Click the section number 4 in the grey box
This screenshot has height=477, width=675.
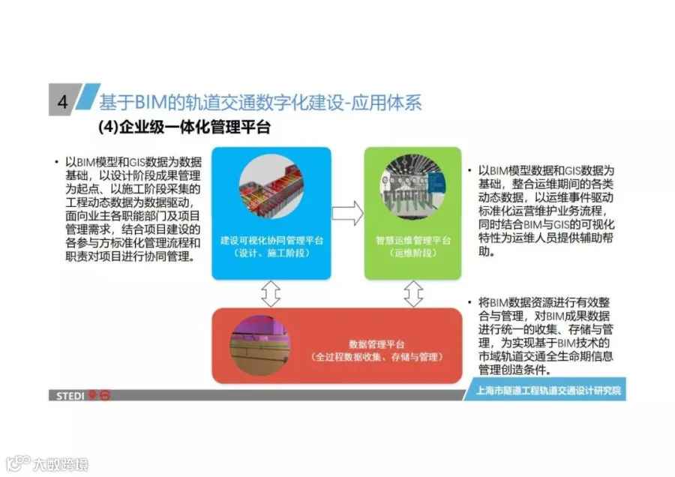(63, 101)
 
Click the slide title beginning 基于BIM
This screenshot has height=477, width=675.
(260, 103)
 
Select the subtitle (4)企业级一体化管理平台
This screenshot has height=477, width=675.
(184, 127)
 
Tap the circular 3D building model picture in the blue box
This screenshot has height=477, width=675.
(271, 187)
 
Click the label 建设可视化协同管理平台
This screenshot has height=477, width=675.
(271, 240)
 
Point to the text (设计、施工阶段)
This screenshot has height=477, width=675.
(271, 253)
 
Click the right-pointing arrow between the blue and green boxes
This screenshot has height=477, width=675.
(348, 213)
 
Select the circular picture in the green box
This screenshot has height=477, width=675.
(412, 187)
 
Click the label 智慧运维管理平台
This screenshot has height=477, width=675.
(413, 240)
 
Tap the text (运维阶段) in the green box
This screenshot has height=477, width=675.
(413, 253)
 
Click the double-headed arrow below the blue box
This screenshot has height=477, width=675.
(271, 293)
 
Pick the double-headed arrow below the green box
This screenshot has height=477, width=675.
(413, 293)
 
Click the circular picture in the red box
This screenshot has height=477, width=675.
(260, 345)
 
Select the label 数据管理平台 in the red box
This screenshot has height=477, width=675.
(376, 344)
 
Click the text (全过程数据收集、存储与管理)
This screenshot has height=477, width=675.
(376, 357)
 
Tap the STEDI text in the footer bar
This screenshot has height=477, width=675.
(70, 396)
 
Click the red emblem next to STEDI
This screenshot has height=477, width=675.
(100, 395)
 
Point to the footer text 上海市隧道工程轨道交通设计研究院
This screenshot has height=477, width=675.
(548, 391)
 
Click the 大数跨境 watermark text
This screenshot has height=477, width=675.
(61, 464)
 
